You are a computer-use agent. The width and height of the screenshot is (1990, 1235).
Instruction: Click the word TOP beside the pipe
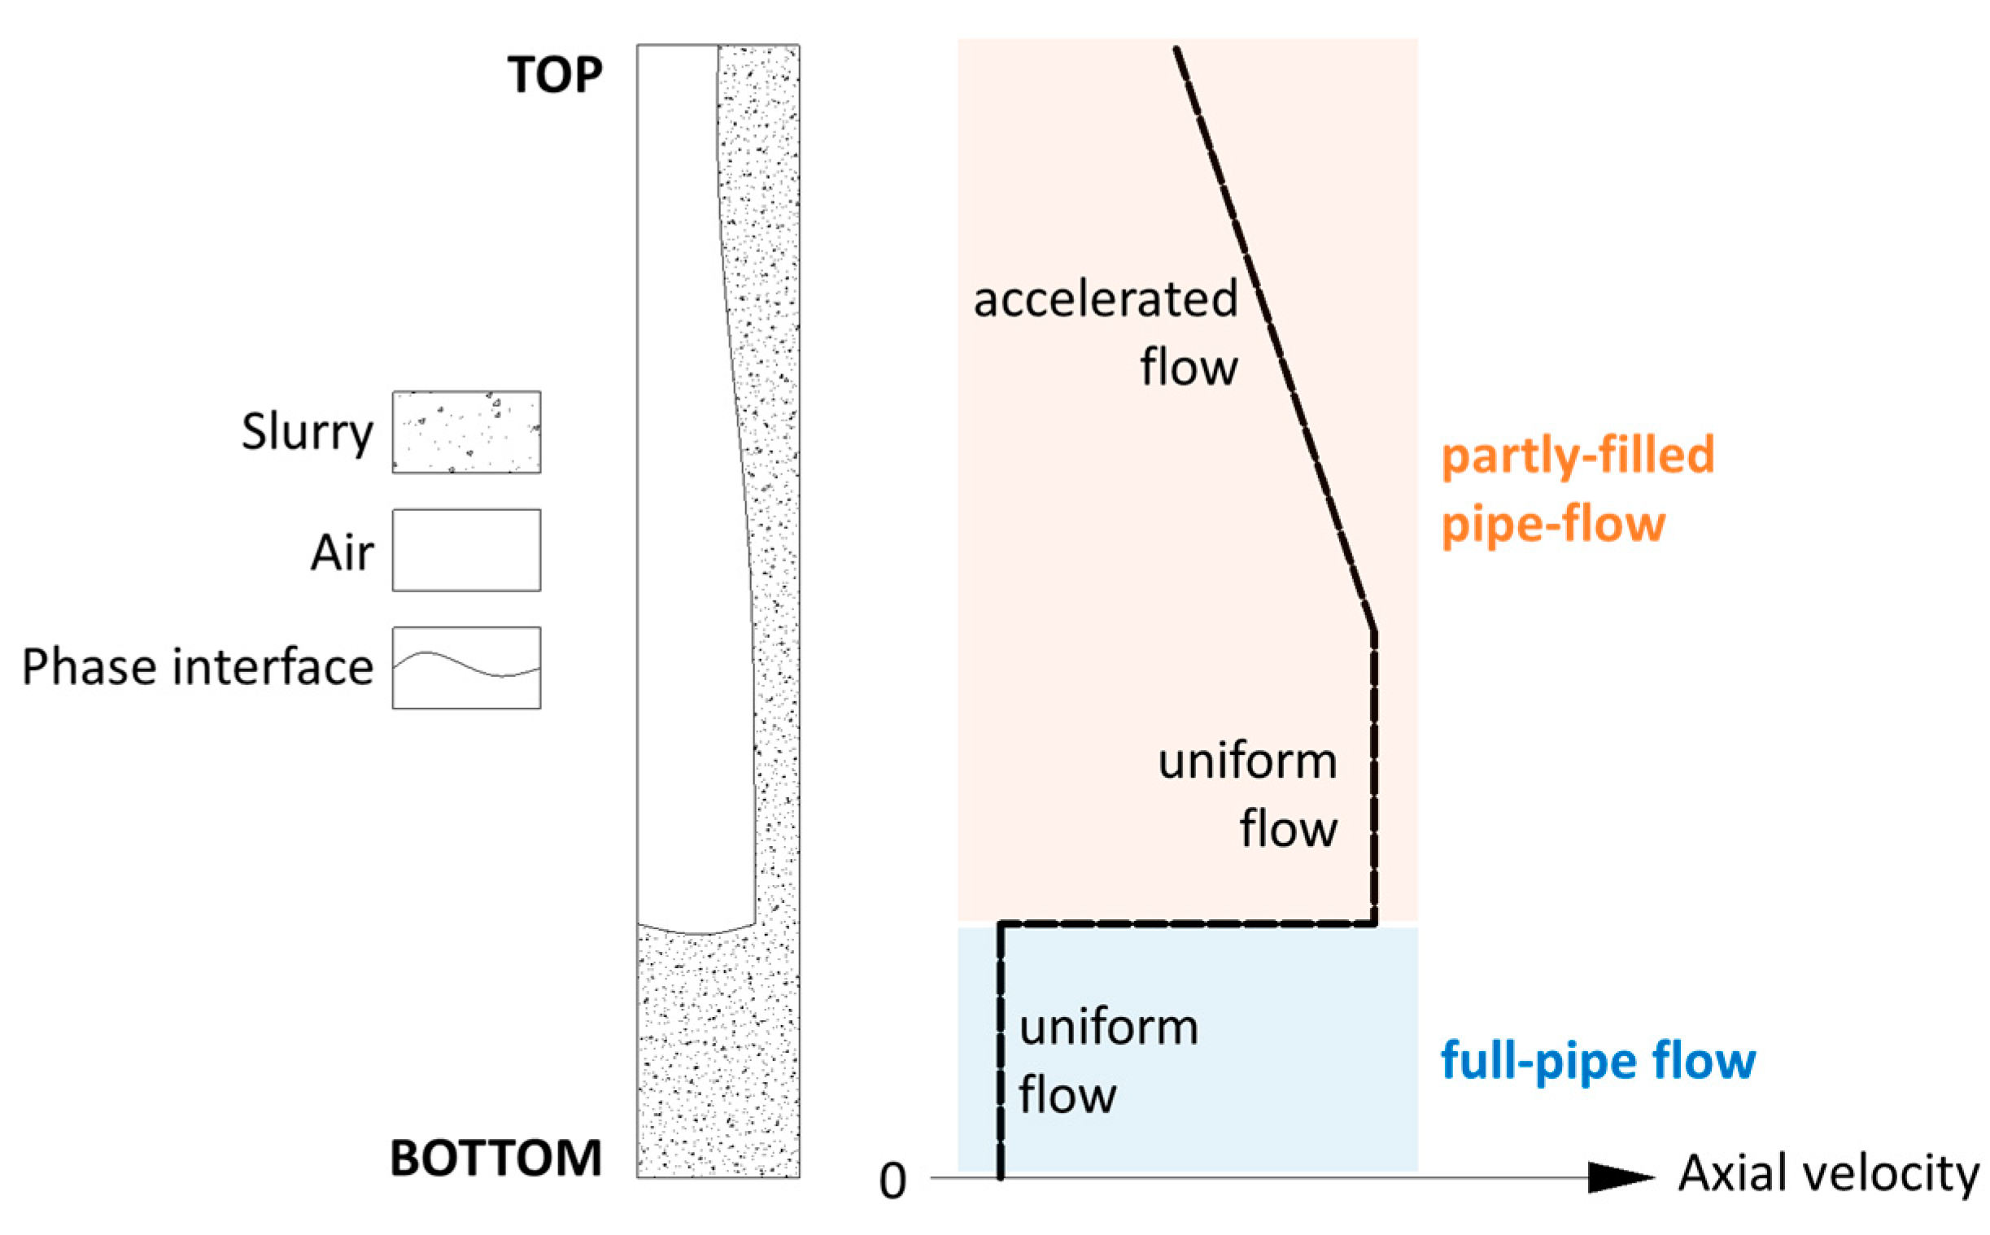pos(555,75)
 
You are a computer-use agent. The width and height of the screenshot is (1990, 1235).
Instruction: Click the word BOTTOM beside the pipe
pos(495,1159)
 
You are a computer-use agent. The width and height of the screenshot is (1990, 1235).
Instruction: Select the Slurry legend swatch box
pos(466,432)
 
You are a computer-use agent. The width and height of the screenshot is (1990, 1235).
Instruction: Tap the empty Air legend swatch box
pos(466,550)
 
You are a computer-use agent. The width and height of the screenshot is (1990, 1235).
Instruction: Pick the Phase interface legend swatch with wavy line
pos(466,667)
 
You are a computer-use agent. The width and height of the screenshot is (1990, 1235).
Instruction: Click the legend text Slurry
pos(307,431)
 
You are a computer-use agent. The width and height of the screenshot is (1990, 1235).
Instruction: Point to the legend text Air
pos(343,552)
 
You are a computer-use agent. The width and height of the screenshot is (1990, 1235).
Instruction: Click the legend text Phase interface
pos(197,667)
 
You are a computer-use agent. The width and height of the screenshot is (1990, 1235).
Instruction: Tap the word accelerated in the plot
pos(1105,299)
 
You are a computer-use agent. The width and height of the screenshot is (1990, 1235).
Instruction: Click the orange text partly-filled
pos(1577,455)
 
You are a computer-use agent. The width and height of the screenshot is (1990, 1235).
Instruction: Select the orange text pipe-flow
pos(1552,524)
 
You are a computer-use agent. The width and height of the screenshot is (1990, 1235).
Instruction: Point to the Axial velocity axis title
pos(1828,1173)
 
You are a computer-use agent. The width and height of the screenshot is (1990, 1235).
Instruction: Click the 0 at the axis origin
pos(892,1181)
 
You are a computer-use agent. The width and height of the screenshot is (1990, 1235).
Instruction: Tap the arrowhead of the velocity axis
pos(1621,1177)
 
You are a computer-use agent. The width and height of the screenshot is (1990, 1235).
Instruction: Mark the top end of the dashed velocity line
pos(1176,50)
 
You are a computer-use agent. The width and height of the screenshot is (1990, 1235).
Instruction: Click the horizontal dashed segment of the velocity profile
pos(1184,924)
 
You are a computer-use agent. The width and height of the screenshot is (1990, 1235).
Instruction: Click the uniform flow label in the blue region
pos(1107,1060)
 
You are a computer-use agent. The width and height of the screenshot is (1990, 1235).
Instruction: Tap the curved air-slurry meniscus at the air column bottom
pos(696,932)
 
